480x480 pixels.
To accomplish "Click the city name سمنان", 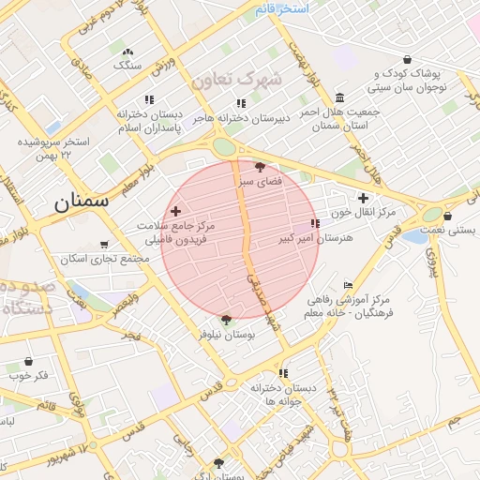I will pyautogui.click(x=81, y=200).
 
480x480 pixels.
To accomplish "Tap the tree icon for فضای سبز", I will pyautogui.click(x=260, y=166).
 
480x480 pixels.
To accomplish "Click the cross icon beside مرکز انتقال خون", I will pyautogui.click(x=363, y=198).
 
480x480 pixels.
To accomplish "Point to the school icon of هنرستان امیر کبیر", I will pyautogui.click(x=315, y=223).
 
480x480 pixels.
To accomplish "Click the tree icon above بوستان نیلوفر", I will pyautogui.click(x=225, y=320).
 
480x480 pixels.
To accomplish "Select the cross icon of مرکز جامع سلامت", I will pyautogui.click(x=175, y=212).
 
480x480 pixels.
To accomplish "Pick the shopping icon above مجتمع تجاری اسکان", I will pyautogui.click(x=105, y=243).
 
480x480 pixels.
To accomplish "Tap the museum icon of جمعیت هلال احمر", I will pyautogui.click(x=338, y=97).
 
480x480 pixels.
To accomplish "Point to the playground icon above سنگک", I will pyautogui.click(x=127, y=52).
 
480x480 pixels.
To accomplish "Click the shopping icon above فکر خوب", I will pyautogui.click(x=28, y=361).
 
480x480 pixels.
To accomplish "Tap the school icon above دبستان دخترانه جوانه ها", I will pyautogui.click(x=283, y=373).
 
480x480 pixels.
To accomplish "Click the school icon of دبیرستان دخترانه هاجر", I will pyautogui.click(x=241, y=103).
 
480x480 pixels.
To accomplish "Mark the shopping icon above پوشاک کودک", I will pyautogui.click(x=407, y=59).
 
